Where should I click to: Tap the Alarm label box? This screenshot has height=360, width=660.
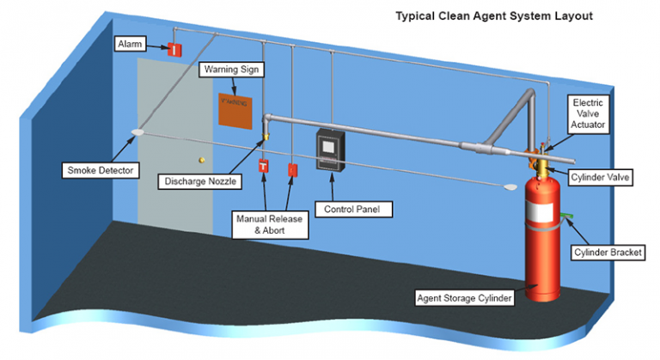tap(131, 43)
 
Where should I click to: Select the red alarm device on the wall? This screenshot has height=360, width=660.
tap(174, 49)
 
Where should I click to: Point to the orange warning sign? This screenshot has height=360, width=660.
tap(235, 110)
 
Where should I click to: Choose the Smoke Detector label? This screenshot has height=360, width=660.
tap(101, 170)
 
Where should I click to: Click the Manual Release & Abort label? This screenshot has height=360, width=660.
tap(269, 225)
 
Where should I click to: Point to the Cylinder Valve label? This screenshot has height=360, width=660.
tap(602, 177)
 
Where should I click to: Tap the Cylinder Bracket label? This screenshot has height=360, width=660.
tap(607, 253)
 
